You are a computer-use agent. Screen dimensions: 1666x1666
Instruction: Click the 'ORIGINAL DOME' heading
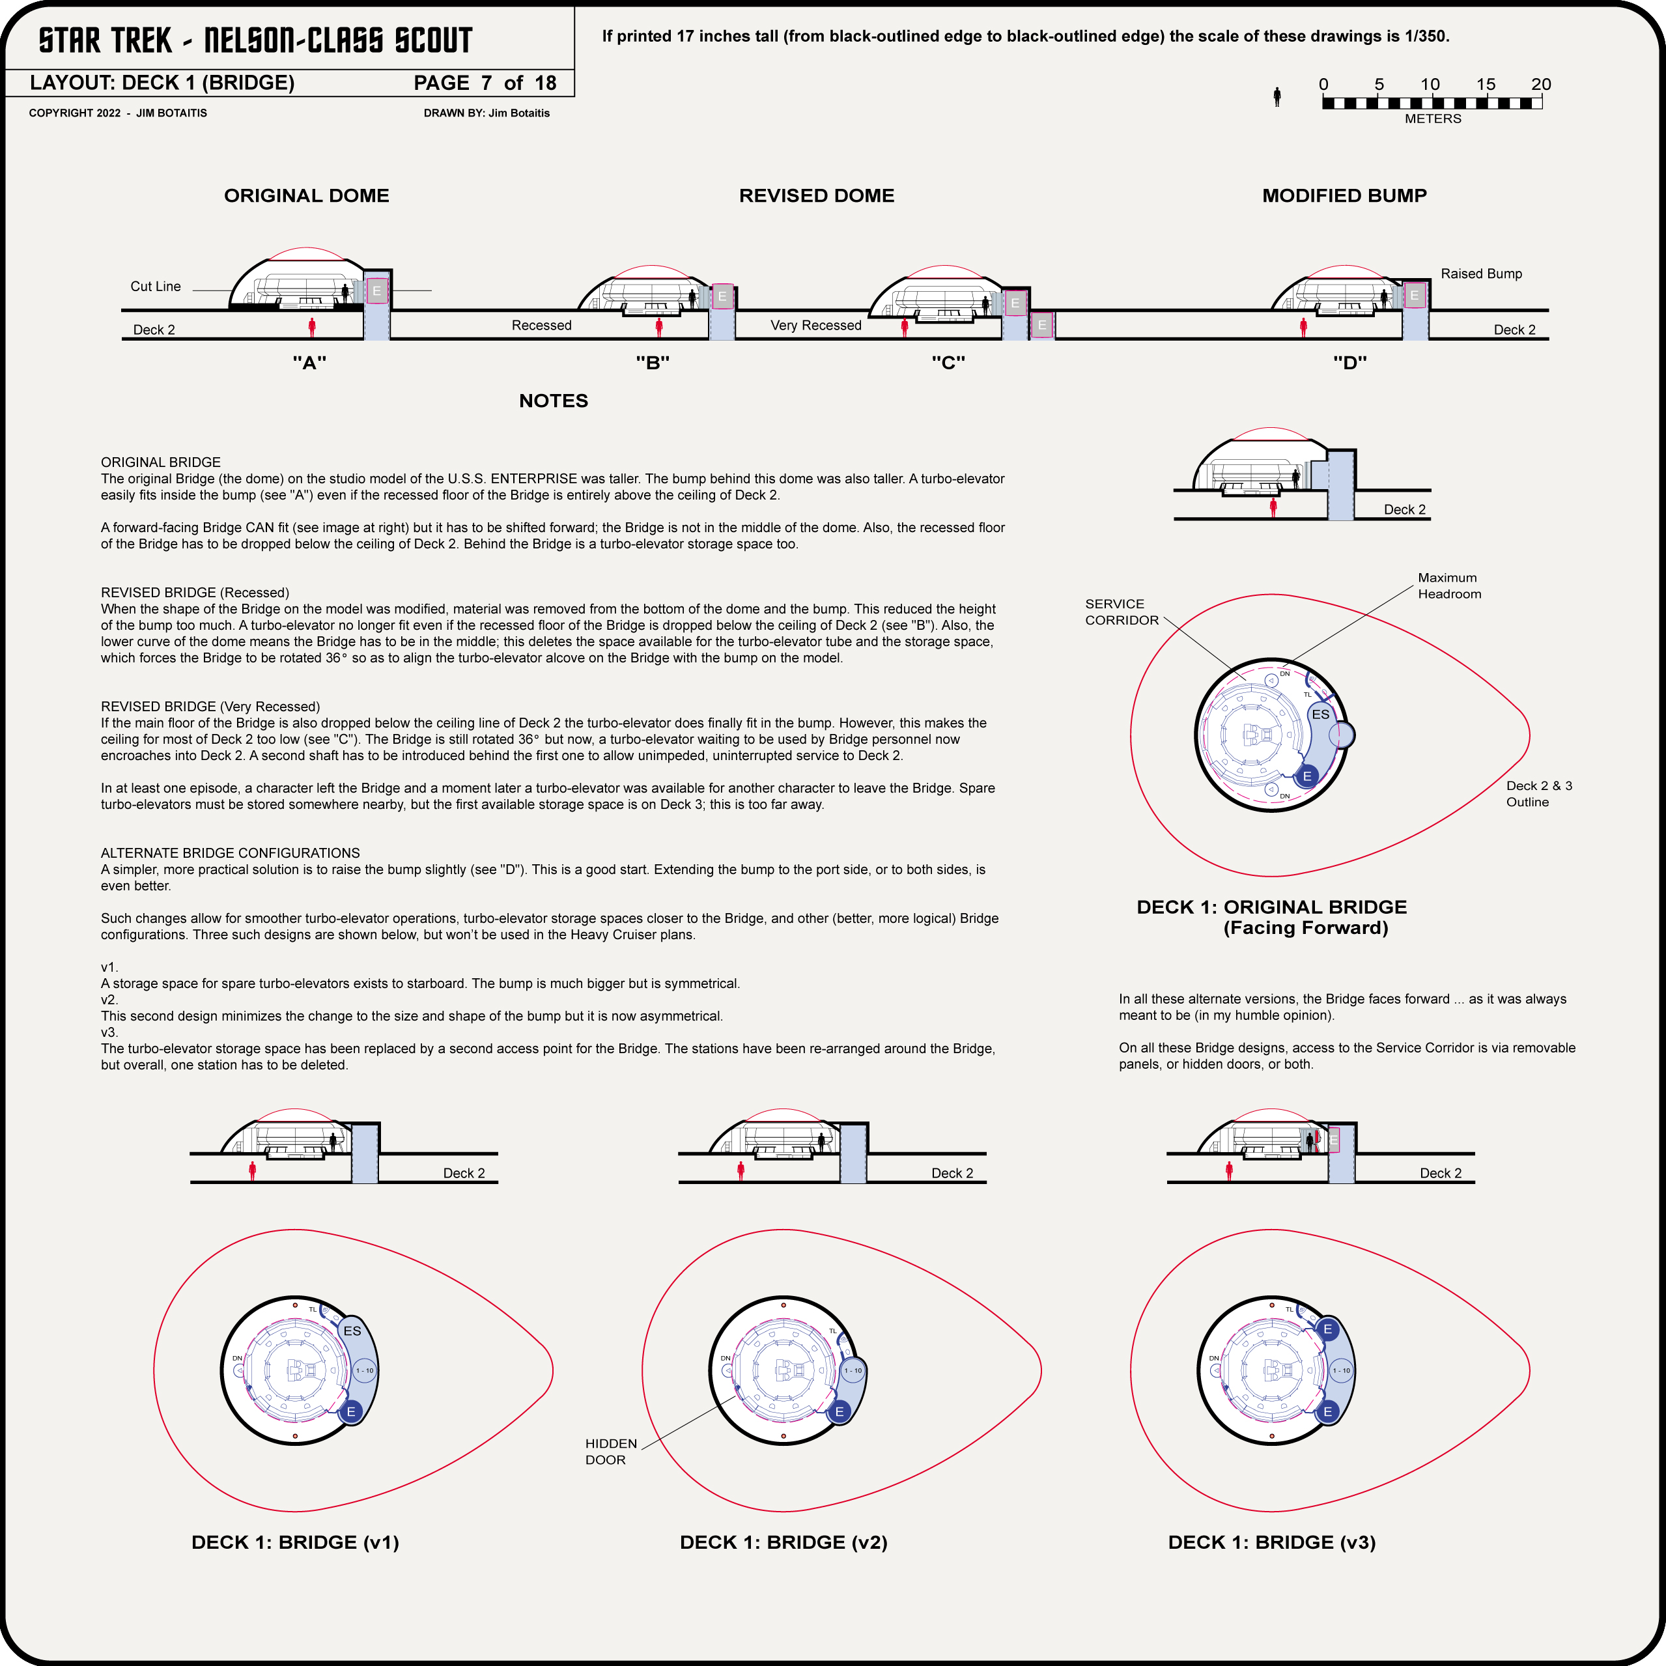point(306,196)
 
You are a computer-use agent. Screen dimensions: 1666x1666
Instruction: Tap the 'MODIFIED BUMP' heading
point(1344,196)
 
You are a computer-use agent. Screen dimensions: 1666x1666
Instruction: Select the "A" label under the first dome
point(309,363)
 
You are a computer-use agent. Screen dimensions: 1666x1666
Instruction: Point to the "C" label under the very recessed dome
point(948,363)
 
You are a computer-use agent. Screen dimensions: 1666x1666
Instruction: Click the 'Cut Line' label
point(155,287)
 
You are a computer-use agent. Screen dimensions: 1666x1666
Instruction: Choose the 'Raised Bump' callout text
point(1480,274)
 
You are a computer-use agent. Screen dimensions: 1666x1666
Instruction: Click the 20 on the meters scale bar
point(1540,85)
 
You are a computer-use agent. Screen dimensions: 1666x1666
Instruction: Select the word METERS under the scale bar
point(1432,119)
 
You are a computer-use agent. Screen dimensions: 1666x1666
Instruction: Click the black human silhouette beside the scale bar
point(1277,96)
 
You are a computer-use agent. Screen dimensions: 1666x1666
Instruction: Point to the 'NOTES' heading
point(553,401)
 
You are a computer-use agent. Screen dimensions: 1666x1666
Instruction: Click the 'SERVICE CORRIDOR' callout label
point(1121,612)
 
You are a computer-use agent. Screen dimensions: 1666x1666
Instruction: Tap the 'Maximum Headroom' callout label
point(1448,586)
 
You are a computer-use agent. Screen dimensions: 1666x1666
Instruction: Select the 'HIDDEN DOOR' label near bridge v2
point(610,1451)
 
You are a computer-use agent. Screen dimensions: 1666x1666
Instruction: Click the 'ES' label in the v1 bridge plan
point(352,1331)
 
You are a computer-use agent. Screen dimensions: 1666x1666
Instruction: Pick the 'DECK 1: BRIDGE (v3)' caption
point(1271,1542)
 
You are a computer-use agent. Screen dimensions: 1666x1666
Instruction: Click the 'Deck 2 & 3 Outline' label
point(1538,793)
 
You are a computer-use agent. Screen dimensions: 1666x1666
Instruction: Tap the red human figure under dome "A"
point(312,327)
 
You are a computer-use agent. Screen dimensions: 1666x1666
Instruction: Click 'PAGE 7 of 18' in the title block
point(485,83)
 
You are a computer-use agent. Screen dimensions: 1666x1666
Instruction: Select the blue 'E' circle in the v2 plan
point(838,1411)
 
